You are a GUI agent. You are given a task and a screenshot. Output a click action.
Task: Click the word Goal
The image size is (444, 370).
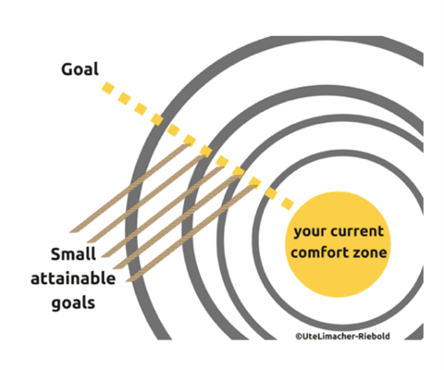[80, 69]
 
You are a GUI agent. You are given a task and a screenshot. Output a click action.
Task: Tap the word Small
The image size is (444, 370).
[73, 254]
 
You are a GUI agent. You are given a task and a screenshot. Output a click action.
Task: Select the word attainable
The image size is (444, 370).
[73, 278]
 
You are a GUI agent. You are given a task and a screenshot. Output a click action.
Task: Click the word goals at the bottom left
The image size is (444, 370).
[73, 304]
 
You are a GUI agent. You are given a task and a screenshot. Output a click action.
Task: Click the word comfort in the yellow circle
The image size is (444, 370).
[319, 252]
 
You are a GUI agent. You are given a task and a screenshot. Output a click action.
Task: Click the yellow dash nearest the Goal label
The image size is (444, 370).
[108, 88]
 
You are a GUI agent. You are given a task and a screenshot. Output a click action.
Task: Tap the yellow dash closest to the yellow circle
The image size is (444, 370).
[288, 204]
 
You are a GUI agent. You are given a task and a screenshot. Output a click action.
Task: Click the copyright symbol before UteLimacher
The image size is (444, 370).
[299, 336]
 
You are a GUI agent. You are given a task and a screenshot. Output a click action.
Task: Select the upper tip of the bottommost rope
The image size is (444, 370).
[256, 186]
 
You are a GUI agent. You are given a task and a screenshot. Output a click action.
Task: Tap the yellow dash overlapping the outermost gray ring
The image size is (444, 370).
[157, 120]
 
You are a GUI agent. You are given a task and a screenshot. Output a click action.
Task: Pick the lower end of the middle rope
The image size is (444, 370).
[105, 256]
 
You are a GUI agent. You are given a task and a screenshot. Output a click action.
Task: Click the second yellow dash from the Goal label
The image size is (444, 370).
[124, 99]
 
